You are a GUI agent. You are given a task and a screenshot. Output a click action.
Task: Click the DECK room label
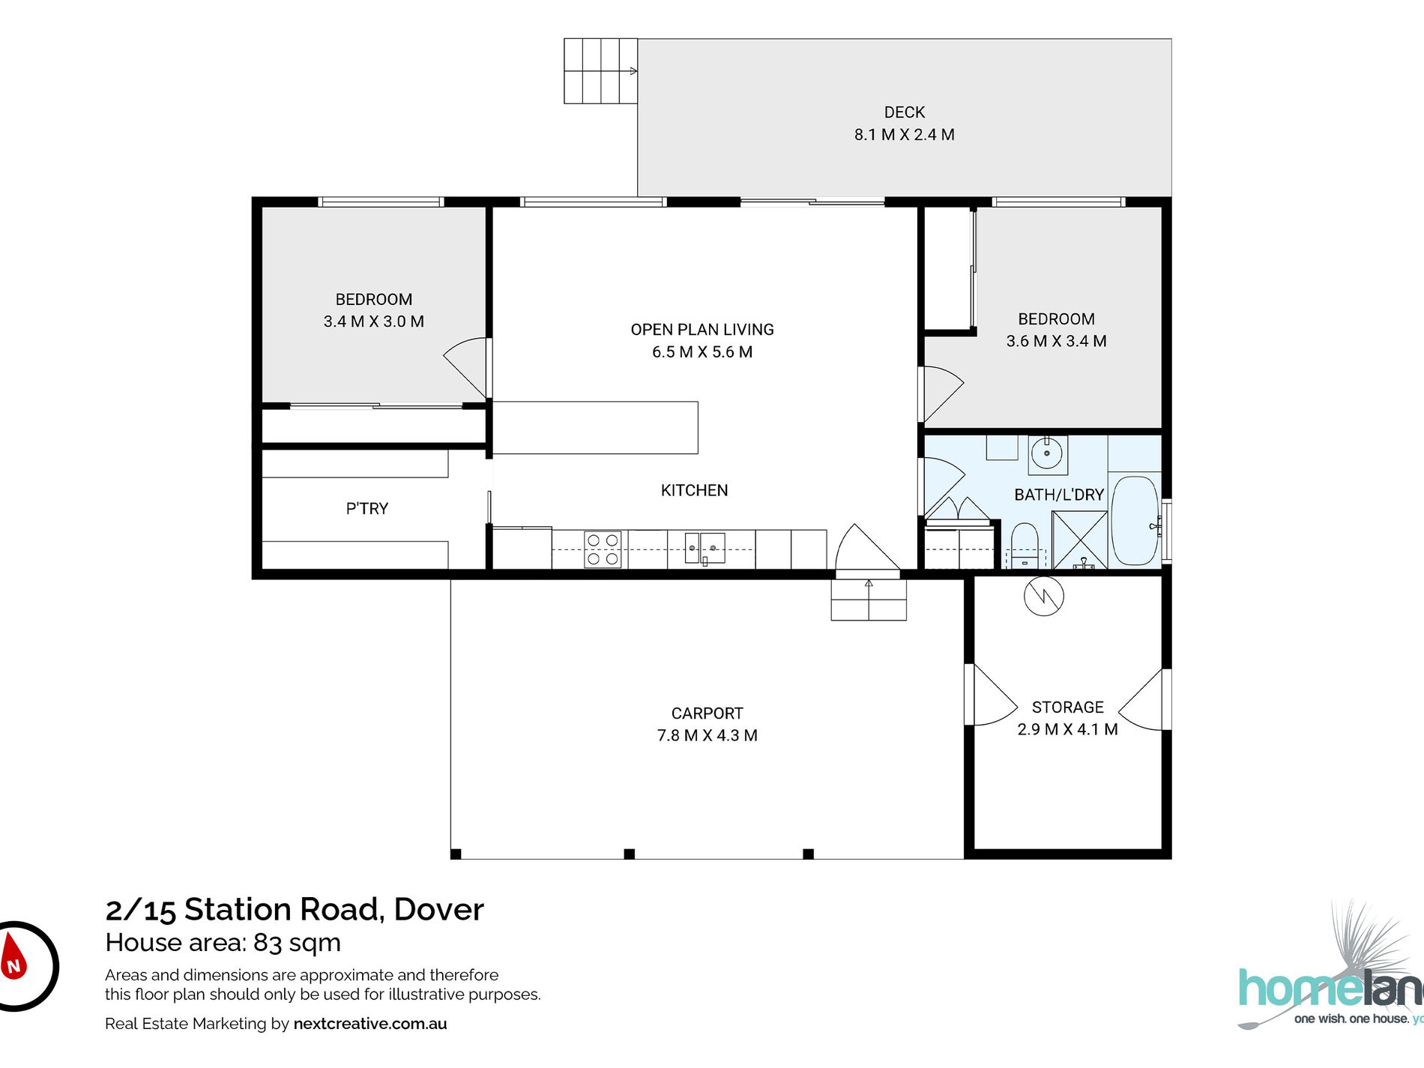coord(905,112)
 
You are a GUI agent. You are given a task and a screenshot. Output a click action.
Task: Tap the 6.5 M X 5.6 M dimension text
coord(702,352)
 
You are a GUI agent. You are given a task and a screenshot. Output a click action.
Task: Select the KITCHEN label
coord(694,490)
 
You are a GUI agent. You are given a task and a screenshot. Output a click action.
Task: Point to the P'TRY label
coord(367,509)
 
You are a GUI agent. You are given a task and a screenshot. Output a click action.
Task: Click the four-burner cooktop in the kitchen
coord(603,549)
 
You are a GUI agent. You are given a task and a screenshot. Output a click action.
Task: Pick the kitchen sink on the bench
coord(705,548)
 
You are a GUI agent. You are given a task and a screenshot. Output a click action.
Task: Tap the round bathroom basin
coord(1047,453)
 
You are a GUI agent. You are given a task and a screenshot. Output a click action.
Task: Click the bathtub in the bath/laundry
coord(1135,521)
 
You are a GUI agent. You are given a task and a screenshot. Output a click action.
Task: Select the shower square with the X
coord(1080,540)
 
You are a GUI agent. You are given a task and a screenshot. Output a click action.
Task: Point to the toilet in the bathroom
coord(1025,546)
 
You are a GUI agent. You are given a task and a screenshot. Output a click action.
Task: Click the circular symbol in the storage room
coord(1044,597)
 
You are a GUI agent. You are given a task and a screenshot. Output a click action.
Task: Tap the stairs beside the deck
coord(600,71)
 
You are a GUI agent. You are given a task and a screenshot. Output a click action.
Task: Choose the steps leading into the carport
coord(869,600)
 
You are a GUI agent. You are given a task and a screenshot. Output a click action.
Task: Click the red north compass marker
coord(13,957)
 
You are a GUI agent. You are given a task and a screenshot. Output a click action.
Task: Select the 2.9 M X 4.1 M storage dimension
coord(1067,730)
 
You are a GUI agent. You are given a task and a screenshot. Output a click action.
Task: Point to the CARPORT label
coord(708,713)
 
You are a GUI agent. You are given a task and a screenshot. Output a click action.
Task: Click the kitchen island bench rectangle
coord(595,428)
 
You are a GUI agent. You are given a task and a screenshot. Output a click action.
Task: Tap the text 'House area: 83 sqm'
coord(223,943)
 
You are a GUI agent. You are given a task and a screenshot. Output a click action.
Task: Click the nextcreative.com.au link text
coord(370,1024)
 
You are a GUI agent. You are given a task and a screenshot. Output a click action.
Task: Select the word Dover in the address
coord(439,910)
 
